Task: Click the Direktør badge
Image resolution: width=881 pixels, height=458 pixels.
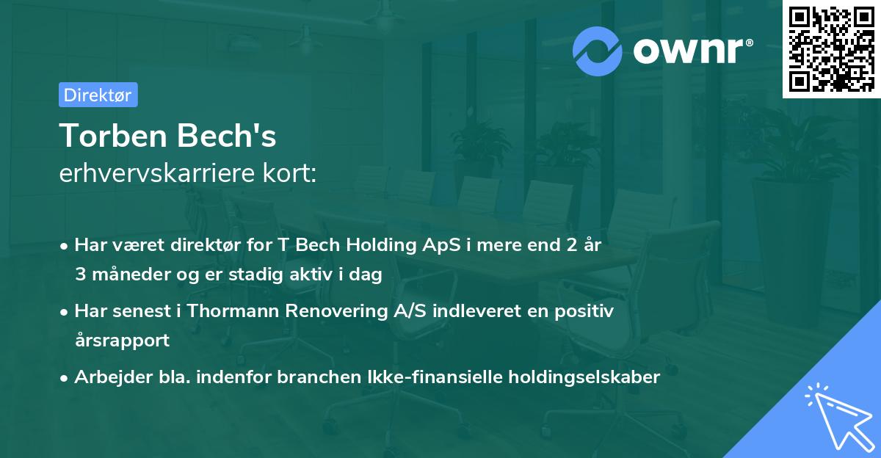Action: pos(98,95)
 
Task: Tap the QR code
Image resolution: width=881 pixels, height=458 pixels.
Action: pos(830,48)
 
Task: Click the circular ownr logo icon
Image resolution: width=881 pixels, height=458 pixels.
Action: pos(598,51)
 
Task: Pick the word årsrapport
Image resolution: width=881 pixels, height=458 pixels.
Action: pos(122,341)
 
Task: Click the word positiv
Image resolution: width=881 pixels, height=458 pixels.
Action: pos(584,311)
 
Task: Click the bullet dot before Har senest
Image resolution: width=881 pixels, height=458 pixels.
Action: pos(65,312)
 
